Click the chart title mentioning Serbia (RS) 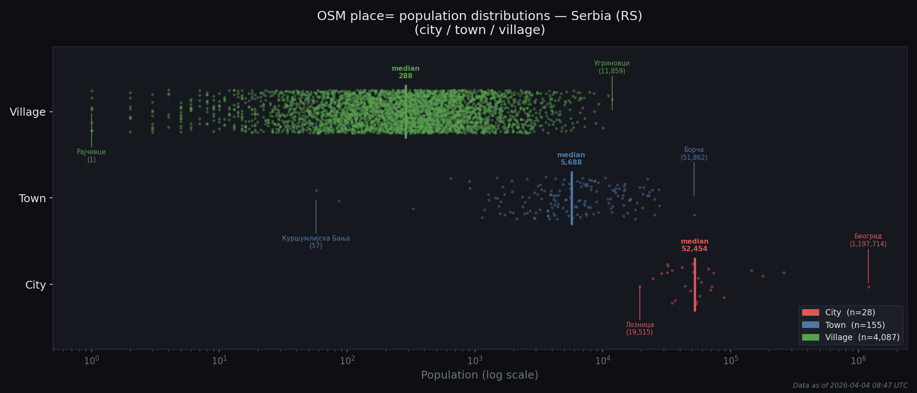pos(479,23)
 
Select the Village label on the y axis pos(28,112)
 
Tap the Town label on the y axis pos(32,199)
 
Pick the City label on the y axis pos(35,285)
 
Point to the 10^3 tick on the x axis pos(475,361)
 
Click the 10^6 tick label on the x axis pos(858,361)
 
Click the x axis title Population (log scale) pos(479,375)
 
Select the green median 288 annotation pos(405,72)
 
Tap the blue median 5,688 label pos(571,159)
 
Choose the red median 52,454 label pos(694,245)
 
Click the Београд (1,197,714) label pos(868,240)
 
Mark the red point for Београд pos(869,287)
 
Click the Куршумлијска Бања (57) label pos(316,242)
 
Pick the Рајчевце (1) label pos(91,155)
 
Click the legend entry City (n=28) pos(850,313)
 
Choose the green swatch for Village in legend pos(810,338)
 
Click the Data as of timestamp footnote pos(850,386)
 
